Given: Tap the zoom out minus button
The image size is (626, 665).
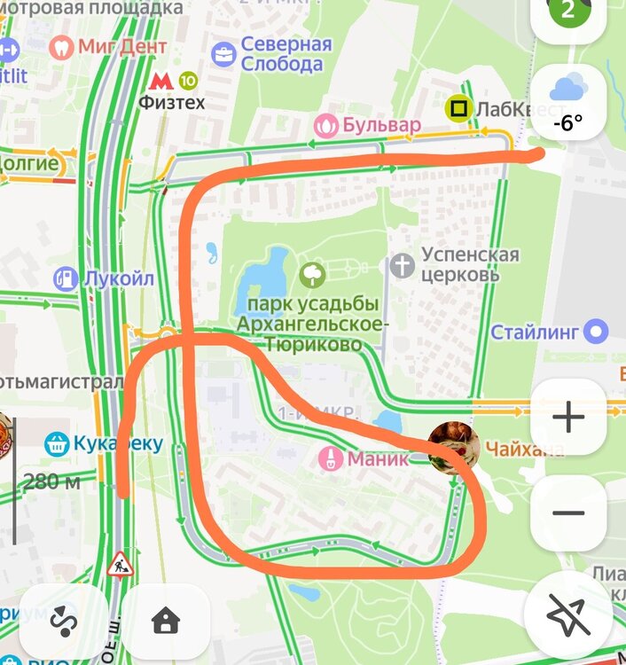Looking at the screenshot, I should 567,512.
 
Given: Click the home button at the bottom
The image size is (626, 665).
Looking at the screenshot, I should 166,621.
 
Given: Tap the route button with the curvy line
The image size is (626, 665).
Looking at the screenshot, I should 63,621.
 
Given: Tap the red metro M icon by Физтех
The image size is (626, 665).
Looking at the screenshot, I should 160,81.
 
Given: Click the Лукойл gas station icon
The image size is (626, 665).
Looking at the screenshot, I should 66,279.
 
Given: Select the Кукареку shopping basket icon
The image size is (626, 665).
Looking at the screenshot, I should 58,443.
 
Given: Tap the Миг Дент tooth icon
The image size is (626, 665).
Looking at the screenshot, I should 62,47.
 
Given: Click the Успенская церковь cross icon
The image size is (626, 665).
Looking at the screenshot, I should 403,265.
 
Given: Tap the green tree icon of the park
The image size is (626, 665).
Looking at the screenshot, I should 312,275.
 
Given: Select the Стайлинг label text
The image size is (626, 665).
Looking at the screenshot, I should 536,332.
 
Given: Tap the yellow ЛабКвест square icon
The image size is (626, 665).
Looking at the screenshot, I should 458,109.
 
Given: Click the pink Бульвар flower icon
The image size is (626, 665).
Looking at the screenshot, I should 326,125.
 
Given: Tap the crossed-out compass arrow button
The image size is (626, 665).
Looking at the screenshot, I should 567,614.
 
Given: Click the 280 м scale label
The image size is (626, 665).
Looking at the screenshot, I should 51,482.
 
